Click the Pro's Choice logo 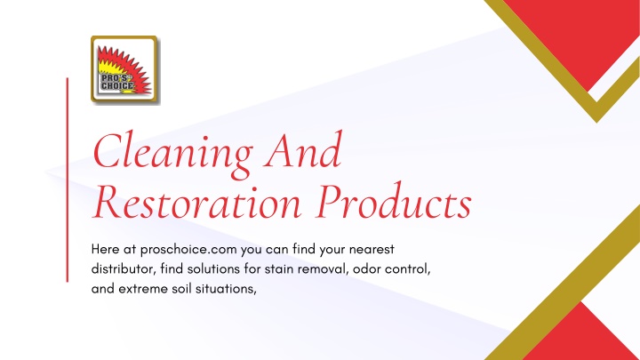(x=125, y=69)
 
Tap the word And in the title (x=302, y=150)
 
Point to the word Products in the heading (x=395, y=200)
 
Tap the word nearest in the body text (x=372, y=249)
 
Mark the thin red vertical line (x=68, y=180)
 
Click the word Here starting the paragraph (x=105, y=249)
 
